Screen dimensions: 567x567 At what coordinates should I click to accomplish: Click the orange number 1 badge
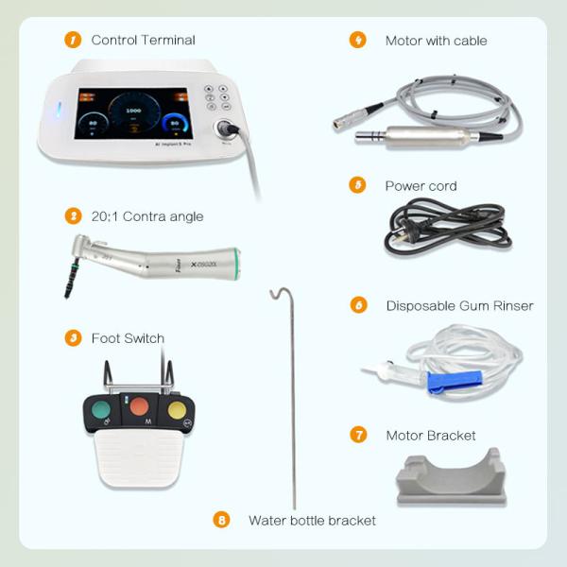[73, 40]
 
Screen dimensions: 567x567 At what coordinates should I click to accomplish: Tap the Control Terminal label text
[143, 40]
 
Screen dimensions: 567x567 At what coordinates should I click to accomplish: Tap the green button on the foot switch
[101, 410]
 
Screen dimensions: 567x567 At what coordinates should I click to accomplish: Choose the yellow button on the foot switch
[177, 410]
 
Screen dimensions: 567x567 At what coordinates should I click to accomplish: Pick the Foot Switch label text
[128, 338]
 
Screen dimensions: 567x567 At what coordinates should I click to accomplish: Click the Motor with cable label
[436, 41]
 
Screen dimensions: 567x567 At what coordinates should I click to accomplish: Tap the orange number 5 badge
[357, 185]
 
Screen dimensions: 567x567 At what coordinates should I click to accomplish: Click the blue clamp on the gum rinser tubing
[442, 381]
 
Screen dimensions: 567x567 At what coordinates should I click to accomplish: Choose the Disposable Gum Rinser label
[459, 305]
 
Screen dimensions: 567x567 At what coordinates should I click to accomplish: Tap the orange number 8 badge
[221, 520]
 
